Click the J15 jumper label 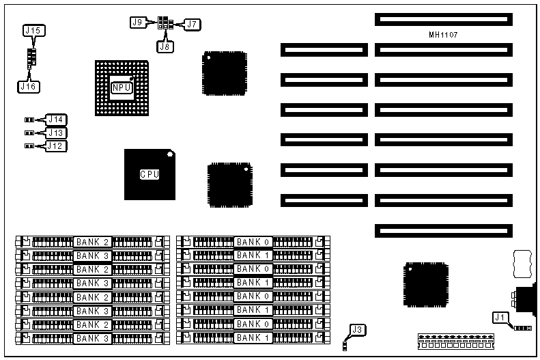tap(33, 31)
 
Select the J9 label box tap(137, 23)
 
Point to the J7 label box tap(192, 25)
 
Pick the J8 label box tap(165, 46)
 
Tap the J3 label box tap(358, 330)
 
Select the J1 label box tap(500, 317)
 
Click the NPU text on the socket tap(121, 87)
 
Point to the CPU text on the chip tap(150, 174)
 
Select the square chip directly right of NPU tap(224, 72)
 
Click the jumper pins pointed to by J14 tap(29, 120)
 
